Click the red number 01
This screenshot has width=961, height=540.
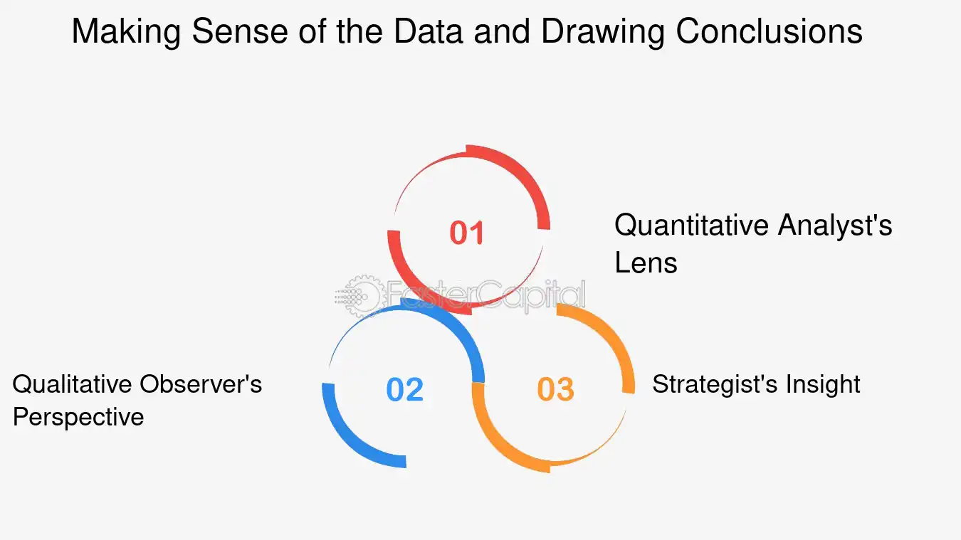[x=467, y=233]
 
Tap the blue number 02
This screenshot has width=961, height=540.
[x=404, y=389]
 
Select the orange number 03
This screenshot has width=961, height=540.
[x=555, y=389]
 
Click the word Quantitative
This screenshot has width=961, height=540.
[x=691, y=226]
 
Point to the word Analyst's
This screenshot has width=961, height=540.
[x=835, y=226]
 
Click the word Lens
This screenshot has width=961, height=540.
[x=646, y=263]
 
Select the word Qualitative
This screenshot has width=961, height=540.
[x=72, y=384]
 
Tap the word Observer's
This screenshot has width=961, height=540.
[x=201, y=384]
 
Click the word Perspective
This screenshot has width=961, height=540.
[x=78, y=418]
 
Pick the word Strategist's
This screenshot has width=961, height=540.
[x=715, y=384]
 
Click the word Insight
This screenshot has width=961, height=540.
[x=823, y=384]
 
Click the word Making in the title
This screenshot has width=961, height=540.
[x=126, y=32]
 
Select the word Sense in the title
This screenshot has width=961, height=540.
[x=239, y=32]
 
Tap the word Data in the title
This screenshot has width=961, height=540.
[x=428, y=32]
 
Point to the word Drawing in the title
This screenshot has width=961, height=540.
[x=603, y=32]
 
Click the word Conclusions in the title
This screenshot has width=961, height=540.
[x=770, y=32]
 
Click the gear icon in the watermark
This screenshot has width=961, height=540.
[x=359, y=296]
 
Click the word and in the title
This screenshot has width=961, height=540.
[x=502, y=32]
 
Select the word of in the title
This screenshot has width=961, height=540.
[x=312, y=32]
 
